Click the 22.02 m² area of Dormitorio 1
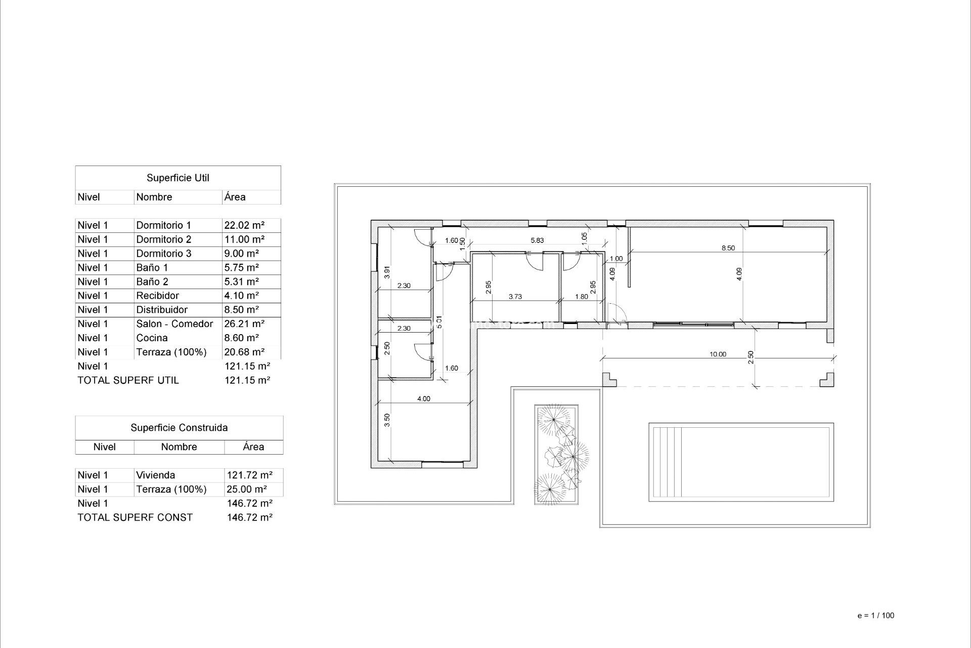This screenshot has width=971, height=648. point(244,225)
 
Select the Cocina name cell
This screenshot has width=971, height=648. point(152,338)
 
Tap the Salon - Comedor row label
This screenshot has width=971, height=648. point(174,324)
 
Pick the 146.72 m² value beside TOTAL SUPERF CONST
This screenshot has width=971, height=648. point(250,517)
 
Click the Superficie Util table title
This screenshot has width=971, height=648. point(178,178)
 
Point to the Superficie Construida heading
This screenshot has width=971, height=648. point(179,428)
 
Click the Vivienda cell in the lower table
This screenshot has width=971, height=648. point(156,475)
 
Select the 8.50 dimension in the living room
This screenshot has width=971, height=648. point(728,248)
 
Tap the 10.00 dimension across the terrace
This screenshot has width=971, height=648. point(718,354)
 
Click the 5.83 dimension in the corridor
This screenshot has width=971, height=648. point(537,240)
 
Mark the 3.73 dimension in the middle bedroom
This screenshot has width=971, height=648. point(515,297)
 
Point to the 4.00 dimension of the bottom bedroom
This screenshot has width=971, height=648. point(423,399)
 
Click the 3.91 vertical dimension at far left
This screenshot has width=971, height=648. point(387,272)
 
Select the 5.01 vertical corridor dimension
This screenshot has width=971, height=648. point(439,322)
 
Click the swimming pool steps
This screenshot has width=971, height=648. point(667,463)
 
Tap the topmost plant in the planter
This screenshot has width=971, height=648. point(554,419)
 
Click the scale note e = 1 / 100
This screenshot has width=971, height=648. point(876,616)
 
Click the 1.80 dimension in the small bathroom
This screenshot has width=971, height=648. point(582,297)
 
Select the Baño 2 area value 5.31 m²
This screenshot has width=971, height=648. point(242,282)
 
